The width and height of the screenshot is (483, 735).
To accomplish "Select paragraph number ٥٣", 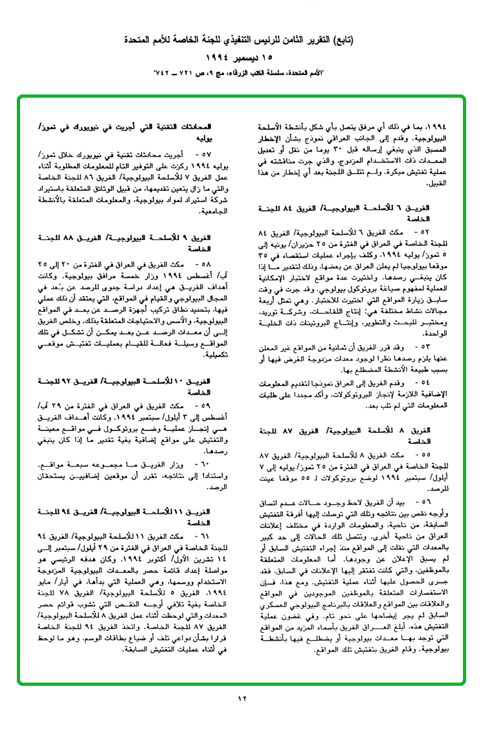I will tap(445, 327).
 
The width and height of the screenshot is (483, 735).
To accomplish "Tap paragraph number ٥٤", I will tap(445, 365).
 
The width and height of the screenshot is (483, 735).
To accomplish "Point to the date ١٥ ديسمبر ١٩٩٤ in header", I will tap(241, 58).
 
